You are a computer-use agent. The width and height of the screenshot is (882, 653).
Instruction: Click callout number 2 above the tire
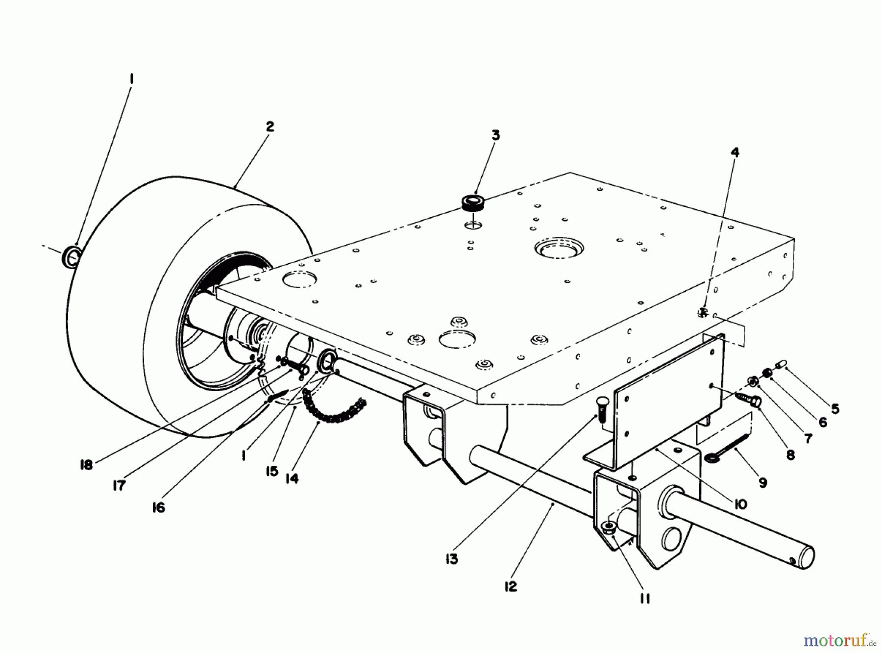270,126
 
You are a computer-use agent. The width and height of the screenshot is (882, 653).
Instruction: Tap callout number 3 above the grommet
496,135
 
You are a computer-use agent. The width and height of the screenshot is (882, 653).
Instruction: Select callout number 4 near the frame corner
735,152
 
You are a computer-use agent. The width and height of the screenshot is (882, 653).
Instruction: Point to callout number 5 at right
835,408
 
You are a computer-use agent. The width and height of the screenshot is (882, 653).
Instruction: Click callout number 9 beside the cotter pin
763,483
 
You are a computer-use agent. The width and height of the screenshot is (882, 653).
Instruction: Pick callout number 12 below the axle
511,586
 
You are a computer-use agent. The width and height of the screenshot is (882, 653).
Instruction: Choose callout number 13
451,559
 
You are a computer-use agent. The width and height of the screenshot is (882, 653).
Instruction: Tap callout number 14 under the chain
292,478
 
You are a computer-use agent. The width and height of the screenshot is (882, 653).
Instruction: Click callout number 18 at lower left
86,464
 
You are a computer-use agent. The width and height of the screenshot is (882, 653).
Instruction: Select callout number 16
158,507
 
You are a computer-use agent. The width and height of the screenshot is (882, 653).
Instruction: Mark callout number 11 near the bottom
644,599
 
